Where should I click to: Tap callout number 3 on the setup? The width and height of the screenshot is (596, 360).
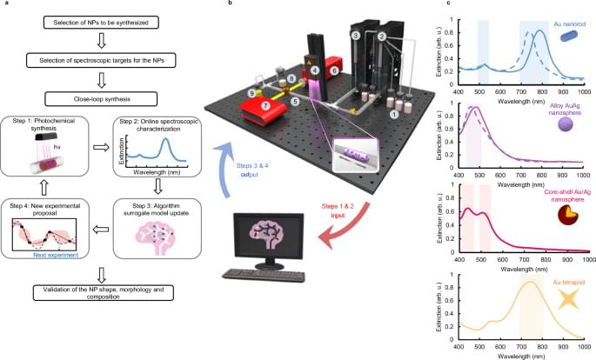coord(355,35)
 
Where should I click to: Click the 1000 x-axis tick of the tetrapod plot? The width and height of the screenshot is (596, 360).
coord(586,350)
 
